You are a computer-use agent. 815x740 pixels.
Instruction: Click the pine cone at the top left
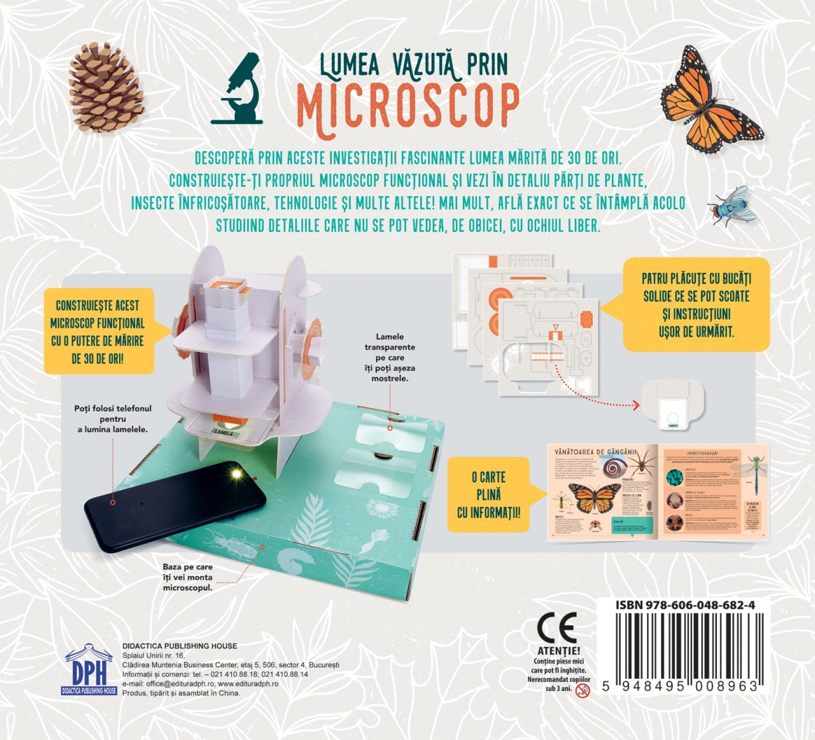click(105, 88)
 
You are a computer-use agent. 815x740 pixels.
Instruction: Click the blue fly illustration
click(732, 205)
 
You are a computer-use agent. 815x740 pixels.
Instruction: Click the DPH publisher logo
click(89, 670)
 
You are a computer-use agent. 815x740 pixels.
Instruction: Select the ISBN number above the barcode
click(685, 605)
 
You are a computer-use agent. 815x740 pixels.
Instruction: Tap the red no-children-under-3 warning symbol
click(583, 690)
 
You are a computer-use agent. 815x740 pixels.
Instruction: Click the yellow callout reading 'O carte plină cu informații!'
click(488, 495)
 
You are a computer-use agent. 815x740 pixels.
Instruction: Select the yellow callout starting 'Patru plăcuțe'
click(696, 305)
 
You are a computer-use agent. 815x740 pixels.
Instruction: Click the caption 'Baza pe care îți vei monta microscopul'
click(188, 577)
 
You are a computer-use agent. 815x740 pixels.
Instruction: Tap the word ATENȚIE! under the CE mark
click(558, 651)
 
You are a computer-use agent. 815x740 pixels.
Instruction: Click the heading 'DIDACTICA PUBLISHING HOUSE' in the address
click(180, 646)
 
